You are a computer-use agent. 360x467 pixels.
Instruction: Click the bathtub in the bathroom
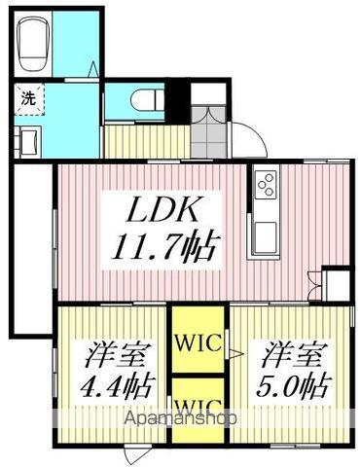coord(36,44)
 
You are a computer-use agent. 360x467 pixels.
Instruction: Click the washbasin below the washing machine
coord(26,140)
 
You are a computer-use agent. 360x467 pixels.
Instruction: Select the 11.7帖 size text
coord(162,242)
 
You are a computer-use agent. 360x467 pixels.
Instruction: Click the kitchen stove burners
coord(266,182)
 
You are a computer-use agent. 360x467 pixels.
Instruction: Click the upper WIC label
coord(198,342)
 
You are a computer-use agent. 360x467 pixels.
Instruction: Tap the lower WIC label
coord(198,402)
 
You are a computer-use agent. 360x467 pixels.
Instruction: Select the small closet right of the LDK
coord(337,286)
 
